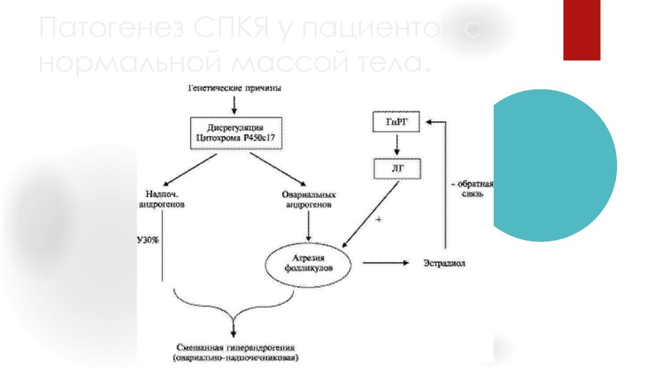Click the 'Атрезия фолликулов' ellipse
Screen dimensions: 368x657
coord(309,263)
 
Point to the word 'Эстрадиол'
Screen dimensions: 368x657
coord(445,263)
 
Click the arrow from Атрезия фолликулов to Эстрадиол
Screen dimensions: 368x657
coord(385,263)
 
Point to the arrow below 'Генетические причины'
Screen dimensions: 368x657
coord(235,103)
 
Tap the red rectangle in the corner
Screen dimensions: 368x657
coord(581,29)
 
